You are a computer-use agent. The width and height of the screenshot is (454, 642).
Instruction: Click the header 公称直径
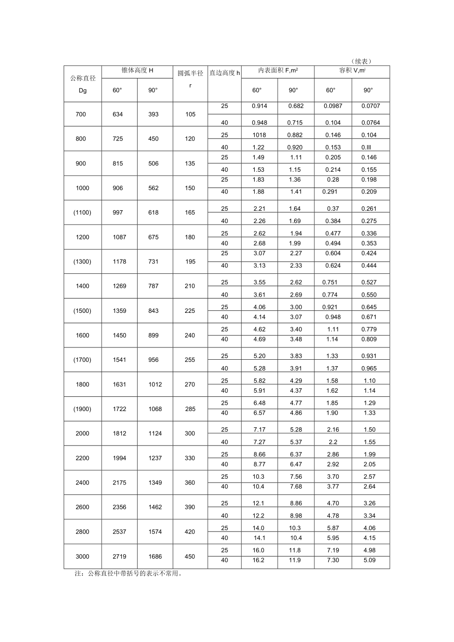82,78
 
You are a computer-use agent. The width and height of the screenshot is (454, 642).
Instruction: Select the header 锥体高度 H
137,71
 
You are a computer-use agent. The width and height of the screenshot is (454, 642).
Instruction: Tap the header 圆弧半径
190,74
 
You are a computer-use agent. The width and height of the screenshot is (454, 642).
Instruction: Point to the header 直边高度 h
225,73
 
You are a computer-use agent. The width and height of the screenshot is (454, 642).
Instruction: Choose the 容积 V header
351,71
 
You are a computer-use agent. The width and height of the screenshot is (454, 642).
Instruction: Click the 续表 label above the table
363,61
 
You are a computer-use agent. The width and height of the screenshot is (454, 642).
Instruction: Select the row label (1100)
82,213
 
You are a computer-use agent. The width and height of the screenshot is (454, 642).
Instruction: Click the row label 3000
82,557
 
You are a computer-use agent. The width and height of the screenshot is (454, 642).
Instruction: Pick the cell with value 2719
119,557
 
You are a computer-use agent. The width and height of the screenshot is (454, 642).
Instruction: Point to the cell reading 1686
154,557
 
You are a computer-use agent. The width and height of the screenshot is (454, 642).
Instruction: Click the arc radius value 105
190,114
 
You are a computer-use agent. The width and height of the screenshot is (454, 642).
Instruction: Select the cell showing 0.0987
333,106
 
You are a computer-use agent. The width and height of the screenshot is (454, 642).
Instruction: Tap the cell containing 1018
259,135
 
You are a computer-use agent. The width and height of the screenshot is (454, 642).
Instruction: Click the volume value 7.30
333,560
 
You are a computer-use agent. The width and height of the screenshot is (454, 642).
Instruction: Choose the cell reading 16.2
259,560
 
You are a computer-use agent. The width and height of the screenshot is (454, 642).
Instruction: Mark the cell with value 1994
119,458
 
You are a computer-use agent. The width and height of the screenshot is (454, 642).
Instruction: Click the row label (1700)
82,360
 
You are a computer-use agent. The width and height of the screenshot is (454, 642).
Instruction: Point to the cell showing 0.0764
370,122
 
